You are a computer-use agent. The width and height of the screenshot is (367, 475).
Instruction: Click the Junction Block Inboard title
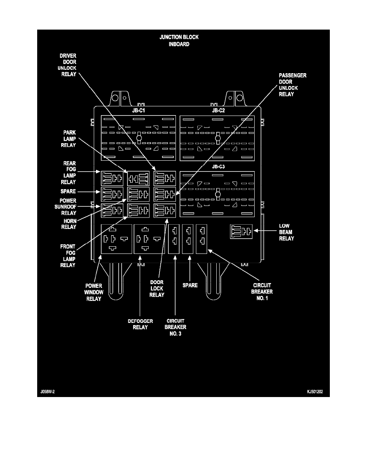(x=179, y=41)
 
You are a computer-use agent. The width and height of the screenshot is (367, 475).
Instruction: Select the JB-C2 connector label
(x=218, y=111)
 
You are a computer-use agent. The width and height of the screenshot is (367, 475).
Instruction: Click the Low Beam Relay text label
(x=286, y=232)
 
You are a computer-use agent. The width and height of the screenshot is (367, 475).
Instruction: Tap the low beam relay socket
(x=241, y=232)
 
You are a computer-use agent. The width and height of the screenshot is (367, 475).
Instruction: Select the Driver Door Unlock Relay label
(x=68, y=64)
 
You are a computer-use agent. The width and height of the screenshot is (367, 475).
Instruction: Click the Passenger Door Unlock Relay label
(x=292, y=85)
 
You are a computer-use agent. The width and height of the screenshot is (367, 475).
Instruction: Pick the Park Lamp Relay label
(x=68, y=139)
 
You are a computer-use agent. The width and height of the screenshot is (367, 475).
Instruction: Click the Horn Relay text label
(x=68, y=224)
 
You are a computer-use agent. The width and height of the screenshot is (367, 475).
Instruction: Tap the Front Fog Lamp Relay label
(x=68, y=256)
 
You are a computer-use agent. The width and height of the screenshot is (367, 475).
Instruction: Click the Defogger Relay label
(x=138, y=324)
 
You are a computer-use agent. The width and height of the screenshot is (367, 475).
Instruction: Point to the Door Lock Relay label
(x=157, y=289)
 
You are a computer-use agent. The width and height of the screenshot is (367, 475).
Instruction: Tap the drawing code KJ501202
(x=315, y=392)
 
